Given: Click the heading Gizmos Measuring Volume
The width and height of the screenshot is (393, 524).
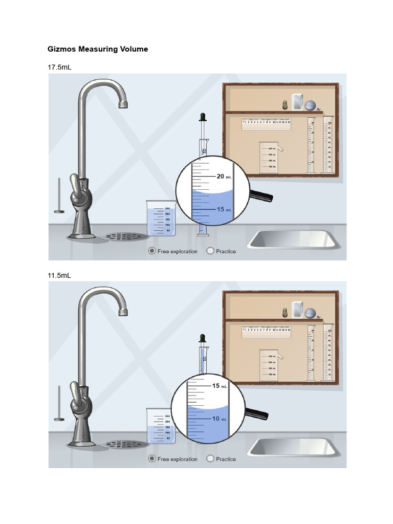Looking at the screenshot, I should pos(98,49).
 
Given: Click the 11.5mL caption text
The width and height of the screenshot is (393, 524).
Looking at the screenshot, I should pos(59,275).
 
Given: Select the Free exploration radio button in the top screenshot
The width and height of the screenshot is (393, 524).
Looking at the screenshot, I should pos(151,251).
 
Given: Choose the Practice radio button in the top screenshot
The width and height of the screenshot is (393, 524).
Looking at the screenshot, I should pos(210,251).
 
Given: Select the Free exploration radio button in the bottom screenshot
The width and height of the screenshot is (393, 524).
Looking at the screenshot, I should pos(151,458).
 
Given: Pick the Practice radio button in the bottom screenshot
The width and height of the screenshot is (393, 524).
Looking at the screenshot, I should pos(210,458).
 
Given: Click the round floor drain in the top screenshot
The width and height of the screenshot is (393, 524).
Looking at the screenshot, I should pos(123,236).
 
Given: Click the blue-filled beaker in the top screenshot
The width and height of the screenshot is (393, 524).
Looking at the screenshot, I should pos(161,219).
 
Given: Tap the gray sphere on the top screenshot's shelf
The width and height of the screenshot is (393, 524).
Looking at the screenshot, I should pos(310,106).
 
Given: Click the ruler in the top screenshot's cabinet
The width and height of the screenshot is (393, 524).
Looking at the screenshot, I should pos(266,122).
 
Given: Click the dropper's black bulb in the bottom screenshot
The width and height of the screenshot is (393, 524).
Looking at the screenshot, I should pos(203,338).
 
